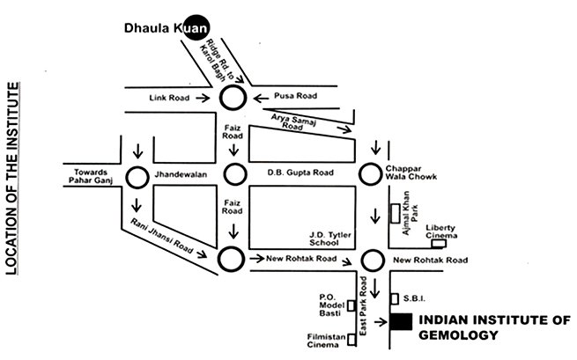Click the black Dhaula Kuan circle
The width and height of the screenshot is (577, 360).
coord(198,29)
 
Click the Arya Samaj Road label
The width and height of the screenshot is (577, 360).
coord(294,122)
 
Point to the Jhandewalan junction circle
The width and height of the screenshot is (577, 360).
coord(137,177)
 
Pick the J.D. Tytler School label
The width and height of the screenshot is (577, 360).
coord(329,239)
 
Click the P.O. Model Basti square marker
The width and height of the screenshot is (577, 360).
coord(351,305)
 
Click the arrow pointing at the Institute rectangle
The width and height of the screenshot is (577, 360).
coord(380,323)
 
